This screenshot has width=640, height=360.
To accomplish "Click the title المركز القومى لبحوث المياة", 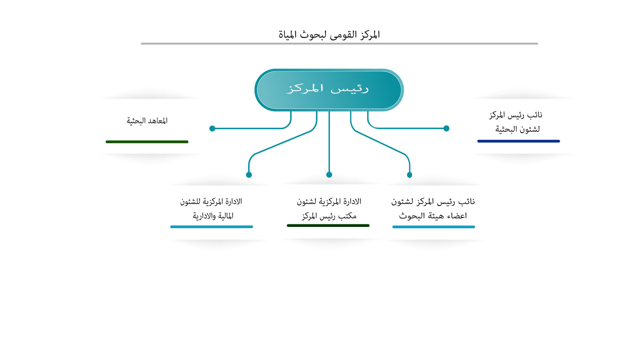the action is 329,35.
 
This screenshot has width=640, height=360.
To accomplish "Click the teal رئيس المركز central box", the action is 329,90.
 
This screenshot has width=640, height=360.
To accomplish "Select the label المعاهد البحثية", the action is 147,121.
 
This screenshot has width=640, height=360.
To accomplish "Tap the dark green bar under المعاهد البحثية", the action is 147,142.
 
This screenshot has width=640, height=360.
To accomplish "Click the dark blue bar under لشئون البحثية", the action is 518,141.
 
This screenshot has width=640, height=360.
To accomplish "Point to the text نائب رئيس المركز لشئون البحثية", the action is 516,122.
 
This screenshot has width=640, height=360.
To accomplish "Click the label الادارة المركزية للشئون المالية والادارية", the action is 211,209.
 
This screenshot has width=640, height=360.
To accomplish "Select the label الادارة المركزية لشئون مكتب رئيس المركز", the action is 329,209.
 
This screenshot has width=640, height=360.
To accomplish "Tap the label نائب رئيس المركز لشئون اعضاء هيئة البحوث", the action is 433,209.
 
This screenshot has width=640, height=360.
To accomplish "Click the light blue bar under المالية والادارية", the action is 212,227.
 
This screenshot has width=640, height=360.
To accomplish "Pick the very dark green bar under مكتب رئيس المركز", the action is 328,226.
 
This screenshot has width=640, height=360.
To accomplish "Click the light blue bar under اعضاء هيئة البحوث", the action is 434,227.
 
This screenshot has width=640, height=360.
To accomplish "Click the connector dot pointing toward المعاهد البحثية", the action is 212,128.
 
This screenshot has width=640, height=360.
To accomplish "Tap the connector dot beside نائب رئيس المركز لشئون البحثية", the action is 446,128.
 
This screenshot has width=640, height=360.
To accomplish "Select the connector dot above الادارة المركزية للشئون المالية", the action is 249,175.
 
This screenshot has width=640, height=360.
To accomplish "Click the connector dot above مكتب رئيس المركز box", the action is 329,174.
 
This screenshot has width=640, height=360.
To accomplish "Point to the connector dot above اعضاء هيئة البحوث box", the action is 410,175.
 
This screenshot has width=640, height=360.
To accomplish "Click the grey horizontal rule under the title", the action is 340,44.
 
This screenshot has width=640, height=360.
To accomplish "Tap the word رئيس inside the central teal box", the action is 350,89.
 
